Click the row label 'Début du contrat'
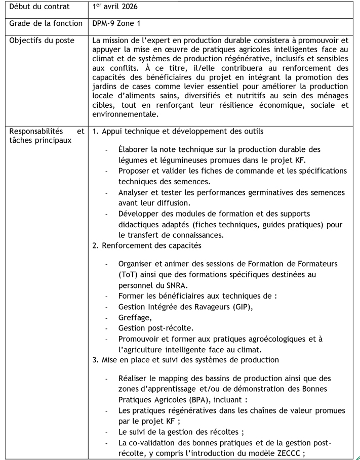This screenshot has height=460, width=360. pos(39,7)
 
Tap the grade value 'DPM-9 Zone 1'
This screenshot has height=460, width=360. pos(117,23)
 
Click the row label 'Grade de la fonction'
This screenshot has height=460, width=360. pos(46,23)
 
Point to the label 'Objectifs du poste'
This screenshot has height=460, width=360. pos(42,40)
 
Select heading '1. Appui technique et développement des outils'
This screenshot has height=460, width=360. pos(178,131)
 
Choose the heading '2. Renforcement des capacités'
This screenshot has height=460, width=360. pos(147,245)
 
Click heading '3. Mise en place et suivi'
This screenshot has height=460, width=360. pos(185,360)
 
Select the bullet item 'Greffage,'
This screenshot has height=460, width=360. pos(135,318)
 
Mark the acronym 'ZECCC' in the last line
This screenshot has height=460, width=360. pos(287,453)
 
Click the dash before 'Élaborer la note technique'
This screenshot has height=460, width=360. pos(106,150)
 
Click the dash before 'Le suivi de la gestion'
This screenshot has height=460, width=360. pos(106,432)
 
